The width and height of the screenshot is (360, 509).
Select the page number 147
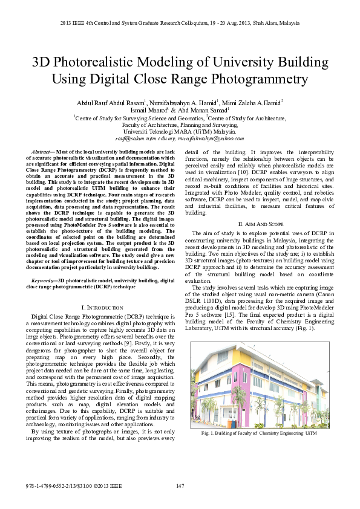(x=180, y=486)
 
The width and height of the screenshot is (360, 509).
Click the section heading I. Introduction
(x=102, y=308)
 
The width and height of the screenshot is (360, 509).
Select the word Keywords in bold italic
(x=43, y=280)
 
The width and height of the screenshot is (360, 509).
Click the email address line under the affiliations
(x=180, y=138)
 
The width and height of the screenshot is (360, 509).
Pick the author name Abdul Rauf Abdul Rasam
(x=111, y=103)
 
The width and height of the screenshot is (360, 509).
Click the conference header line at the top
(x=180, y=22)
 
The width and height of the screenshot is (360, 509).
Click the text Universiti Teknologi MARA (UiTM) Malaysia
(x=180, y=131)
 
